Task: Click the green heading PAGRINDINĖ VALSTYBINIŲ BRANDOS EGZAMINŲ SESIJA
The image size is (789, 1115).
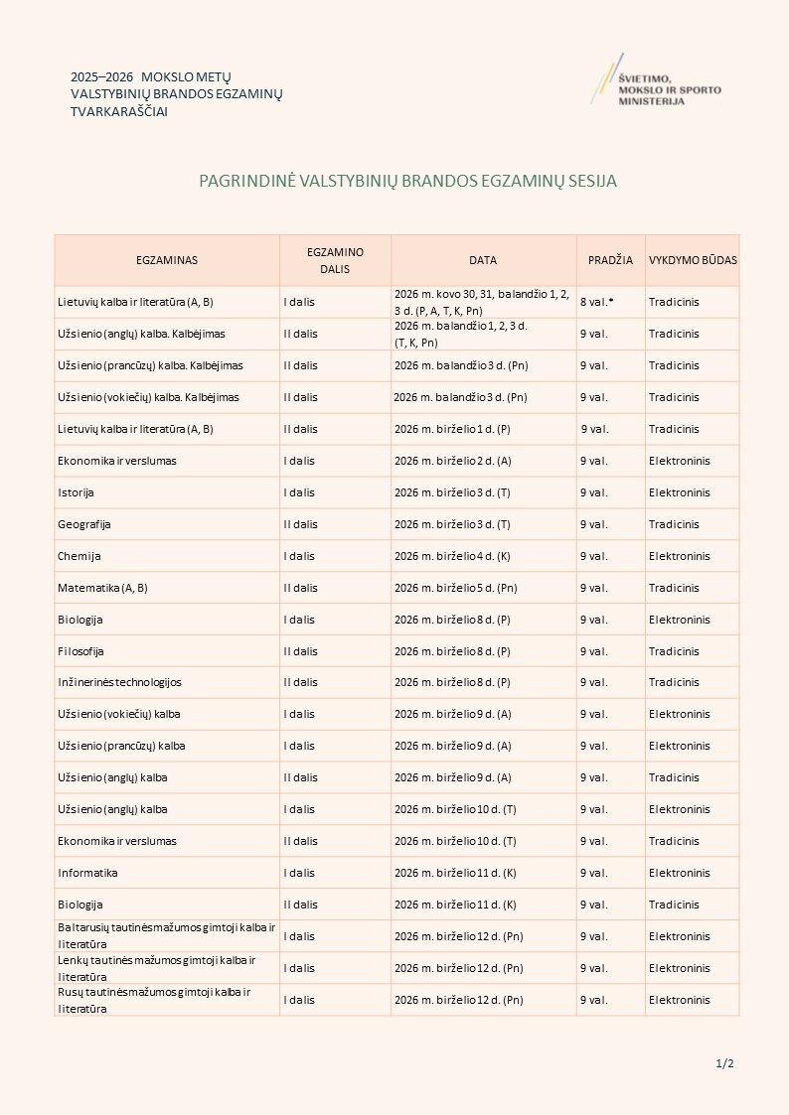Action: (408, 182)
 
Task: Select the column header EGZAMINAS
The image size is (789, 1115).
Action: (167, 260)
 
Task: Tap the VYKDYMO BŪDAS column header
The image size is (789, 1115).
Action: (693, 260)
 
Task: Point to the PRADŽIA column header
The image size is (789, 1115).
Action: (610, 260)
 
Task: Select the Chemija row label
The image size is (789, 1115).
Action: (79, 556)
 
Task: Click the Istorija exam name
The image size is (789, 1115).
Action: (76, 492)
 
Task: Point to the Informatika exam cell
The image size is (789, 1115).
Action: (87, 873)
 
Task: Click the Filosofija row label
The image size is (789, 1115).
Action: (80, 651)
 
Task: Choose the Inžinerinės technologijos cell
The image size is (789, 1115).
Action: (119, 682)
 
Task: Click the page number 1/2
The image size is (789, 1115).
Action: (724, 1064)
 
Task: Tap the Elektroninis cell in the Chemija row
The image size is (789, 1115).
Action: (680, 556)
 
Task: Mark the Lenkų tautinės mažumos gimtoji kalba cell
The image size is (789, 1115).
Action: (156, 968)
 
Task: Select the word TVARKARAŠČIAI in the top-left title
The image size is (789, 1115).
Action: (119, 112)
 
